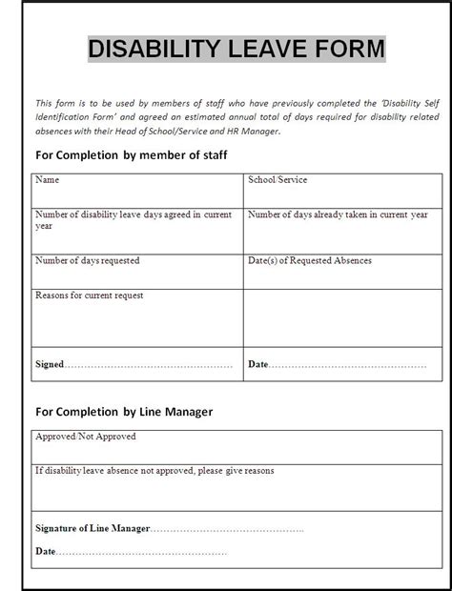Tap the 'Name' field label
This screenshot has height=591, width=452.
click(47, 179)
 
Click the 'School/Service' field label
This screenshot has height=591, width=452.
click(277, 179)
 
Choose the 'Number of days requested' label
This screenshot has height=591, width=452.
click(88, 259)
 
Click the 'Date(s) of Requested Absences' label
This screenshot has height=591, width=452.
click(310, 259)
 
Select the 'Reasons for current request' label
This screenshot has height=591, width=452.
click(90, 295)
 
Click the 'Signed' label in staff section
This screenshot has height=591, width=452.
click(51, 364)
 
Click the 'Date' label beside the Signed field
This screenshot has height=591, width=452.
click(257, 364)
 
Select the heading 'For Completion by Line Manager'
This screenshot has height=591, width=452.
click(124, 412)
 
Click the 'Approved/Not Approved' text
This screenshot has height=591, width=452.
click(86, 437)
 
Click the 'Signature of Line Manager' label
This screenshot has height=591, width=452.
click(92, 527)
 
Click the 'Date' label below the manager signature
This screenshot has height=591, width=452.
click(45, 550)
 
